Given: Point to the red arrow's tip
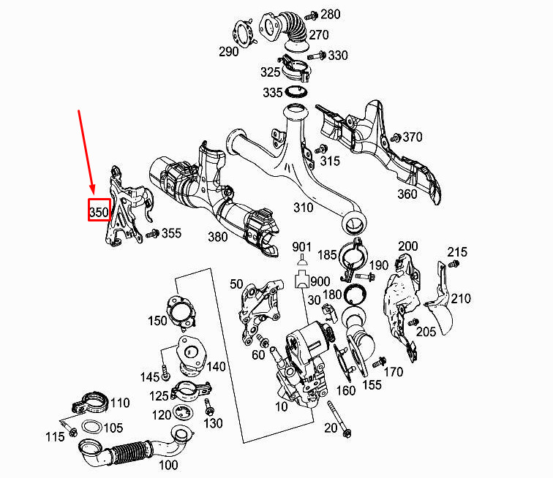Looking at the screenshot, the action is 93,194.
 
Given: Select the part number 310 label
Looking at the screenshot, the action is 304,208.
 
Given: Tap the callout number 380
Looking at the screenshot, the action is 217,237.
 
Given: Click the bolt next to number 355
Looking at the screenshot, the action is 153,233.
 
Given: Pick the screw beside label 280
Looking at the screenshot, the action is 312,16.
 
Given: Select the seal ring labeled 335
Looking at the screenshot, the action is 296,92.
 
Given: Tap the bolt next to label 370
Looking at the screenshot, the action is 396,137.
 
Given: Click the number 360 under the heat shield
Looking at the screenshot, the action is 407,194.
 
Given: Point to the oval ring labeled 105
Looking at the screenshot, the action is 91,427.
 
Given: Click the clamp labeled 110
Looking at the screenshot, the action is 90,403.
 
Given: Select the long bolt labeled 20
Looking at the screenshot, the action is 339,419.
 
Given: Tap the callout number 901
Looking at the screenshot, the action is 301,247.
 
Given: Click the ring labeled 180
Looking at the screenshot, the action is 355,295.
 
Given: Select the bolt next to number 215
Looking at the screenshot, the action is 454,263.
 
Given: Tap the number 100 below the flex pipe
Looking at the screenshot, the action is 168,465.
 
